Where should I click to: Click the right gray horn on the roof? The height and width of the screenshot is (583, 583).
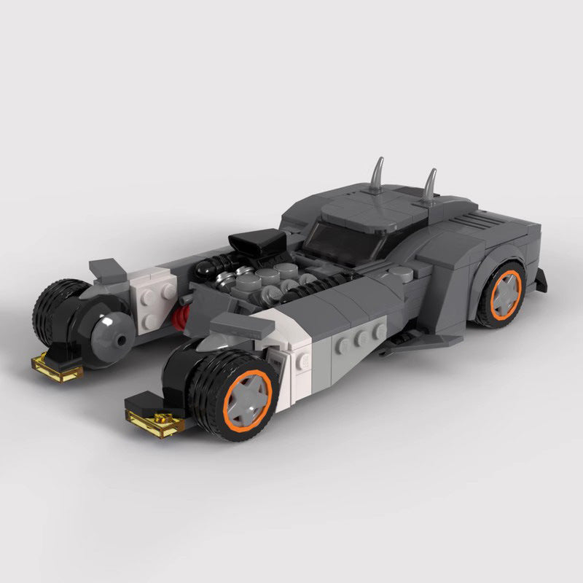pyautogui.click(x=432, y=186)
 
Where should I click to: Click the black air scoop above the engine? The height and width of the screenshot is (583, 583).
pyautogui.click(x=255, y=246)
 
